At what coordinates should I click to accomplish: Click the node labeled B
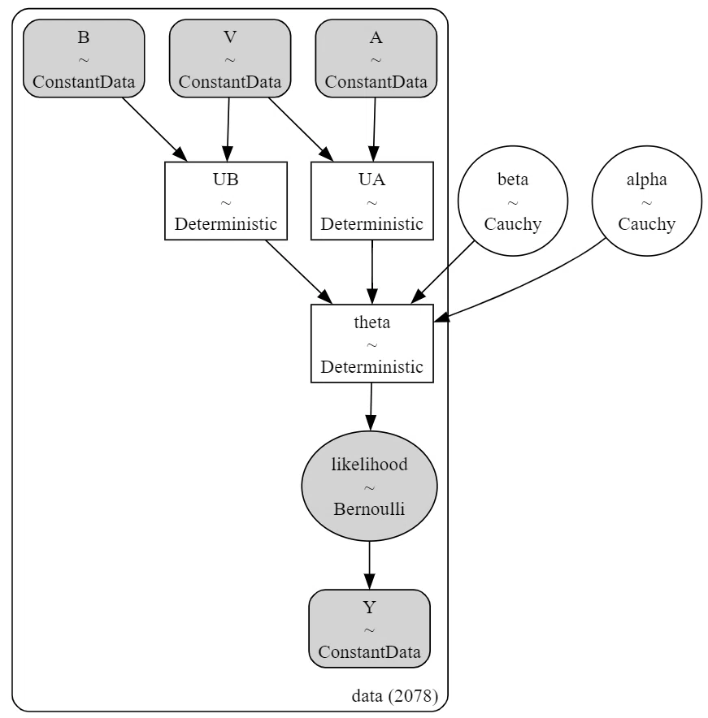(x=84, y=58)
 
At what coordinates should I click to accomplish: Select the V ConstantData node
(x=230, y=58)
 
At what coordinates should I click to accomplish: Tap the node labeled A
(x=376, y=58)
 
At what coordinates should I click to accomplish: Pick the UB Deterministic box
(x=226, y=201)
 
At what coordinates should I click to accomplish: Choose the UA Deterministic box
(x=372, y=201)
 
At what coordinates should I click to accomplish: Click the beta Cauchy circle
(x=513, y=201)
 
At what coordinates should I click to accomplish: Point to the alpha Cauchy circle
(x=646, y=201)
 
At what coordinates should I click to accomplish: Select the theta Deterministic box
(x=372, y=344)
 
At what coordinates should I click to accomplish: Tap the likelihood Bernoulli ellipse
(x=369, y=486)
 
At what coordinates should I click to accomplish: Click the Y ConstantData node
(x=369, y=629)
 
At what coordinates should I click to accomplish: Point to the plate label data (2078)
(x=394, y=696)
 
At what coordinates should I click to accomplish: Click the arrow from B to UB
(x=155, y=130)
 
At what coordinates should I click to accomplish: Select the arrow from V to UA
(x=301, y=130)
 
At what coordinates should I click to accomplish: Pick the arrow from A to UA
(x=375, y=130)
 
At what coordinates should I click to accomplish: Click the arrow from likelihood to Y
(x=369, y=565)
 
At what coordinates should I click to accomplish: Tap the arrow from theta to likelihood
(x=371, y=407)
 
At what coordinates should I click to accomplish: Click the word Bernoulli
(x=369, y=508)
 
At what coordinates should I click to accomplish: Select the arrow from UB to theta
(x=299, y=272)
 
